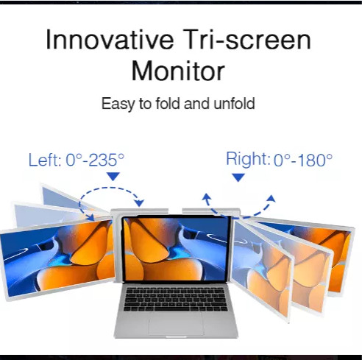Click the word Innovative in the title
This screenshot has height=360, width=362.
[x=110, y=40]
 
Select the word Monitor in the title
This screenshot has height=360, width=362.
[x=178, y=71]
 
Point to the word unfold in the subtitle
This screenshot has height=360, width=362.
[x=234, y=103]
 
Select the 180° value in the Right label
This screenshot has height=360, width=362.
[x=315, y=160]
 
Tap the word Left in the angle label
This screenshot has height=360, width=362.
[x=45, y=160]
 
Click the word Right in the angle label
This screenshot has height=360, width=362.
[x=248, y=159]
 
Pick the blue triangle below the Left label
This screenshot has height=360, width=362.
[x=113, y=176]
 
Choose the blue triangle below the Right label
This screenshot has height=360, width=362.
[x=238, y=177]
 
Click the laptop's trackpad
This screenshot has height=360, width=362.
[x=176, y=322]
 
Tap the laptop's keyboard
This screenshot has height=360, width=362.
[x=175, y=299]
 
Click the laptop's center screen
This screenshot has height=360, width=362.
[x=176, y=248]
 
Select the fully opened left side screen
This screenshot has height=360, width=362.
[x=57, y=258]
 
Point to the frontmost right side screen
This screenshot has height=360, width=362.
[x=263, y=270]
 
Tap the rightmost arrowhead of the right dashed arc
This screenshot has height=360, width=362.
[x=271, y=198]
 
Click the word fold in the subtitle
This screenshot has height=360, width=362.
[x=168, y=103]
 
